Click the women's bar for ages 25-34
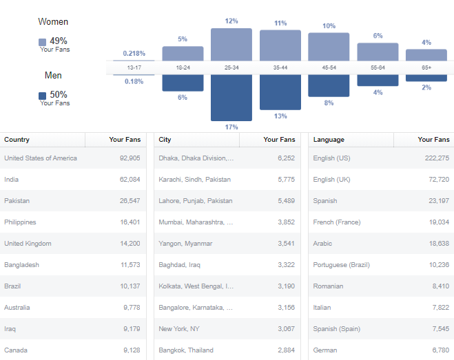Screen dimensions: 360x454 tap(231, 44)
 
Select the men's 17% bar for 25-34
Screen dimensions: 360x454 tap(231, 98)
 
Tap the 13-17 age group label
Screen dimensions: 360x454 tap(134, 67)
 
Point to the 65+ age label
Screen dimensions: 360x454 tap(426, 67)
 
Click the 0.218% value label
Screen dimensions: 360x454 tap(134, 53)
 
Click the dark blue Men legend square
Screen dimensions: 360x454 tap(43, 96)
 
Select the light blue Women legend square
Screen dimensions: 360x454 tap(43, 42)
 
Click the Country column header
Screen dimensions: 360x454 tap(17, 140)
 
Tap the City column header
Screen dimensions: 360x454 tap(165, 140)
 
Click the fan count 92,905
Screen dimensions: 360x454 tap(130, 158)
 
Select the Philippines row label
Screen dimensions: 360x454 tap(20, 222)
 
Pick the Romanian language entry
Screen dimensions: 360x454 tap(328, 286)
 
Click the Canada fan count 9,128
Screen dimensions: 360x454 tap(132, 350)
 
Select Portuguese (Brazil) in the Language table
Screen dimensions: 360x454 tap(342, 265)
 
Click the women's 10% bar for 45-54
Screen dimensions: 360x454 tap(329, 47)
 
